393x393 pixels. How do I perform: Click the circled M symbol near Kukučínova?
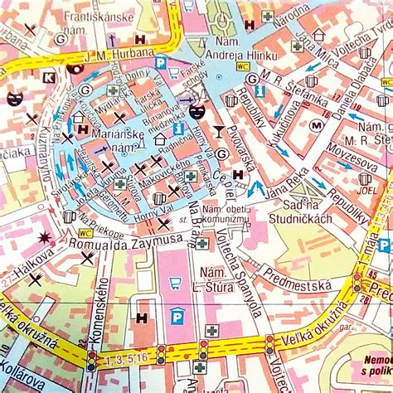point(316,126)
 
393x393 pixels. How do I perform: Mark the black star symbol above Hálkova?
point(44,241)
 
